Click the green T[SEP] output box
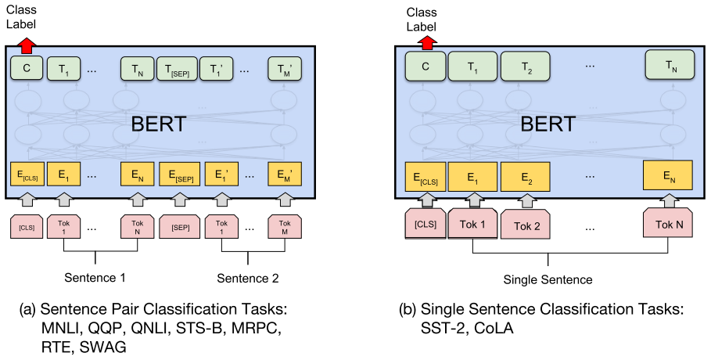177,69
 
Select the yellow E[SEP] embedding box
180,175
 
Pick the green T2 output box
525,67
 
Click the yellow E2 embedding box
525,177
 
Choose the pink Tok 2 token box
526,225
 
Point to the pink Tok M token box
285,227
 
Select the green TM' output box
284,69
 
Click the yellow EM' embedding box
285,175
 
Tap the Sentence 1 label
95,278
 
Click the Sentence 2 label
248,279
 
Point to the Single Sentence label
548,279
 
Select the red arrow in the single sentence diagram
426,44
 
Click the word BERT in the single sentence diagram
548,124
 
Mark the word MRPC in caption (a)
257,328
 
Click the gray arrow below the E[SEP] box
180,199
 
